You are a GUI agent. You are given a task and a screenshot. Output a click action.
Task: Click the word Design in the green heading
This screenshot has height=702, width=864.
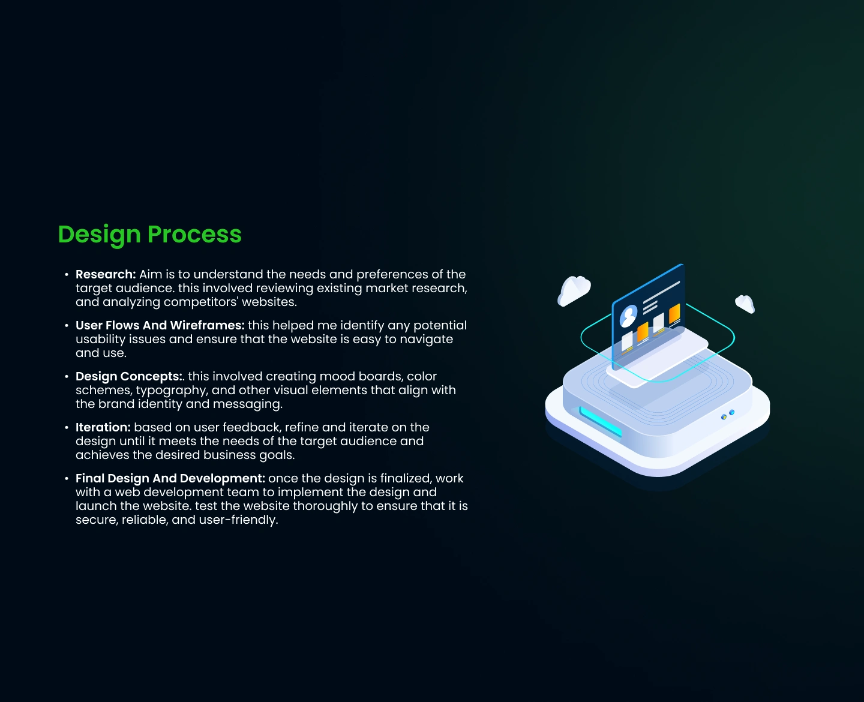click(99, 235)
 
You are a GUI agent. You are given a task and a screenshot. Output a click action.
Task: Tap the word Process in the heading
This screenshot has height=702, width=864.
click(194, 235)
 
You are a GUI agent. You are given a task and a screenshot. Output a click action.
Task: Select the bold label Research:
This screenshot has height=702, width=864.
click(106, 275)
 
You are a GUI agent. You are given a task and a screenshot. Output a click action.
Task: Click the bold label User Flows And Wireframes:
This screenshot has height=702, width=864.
click(160, 325)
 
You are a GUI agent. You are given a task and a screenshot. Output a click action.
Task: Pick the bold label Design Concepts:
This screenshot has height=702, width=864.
click(128, 377)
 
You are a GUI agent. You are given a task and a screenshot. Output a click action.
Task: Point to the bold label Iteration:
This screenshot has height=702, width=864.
click(103, 427)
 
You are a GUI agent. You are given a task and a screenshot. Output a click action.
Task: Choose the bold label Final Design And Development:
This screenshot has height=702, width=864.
click(170, 479)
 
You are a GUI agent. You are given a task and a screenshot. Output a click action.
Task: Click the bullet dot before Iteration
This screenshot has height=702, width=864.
click(67, 427)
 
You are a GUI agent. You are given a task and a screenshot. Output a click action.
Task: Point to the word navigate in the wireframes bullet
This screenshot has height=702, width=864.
click(427, 340)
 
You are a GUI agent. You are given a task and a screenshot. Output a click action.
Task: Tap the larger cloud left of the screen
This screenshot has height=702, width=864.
click(574, 290)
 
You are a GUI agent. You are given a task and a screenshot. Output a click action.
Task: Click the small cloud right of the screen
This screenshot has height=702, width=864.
click(745, 304)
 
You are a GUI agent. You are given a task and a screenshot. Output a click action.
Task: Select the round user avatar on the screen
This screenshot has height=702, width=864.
click(628, 316)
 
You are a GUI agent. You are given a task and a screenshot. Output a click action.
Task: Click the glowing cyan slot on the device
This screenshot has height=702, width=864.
click(601, 422)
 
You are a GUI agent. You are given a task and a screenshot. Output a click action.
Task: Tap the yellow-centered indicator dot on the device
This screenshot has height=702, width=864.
click(724, 417)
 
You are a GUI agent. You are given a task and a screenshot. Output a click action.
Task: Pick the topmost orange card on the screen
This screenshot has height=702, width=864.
click(674, 314)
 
